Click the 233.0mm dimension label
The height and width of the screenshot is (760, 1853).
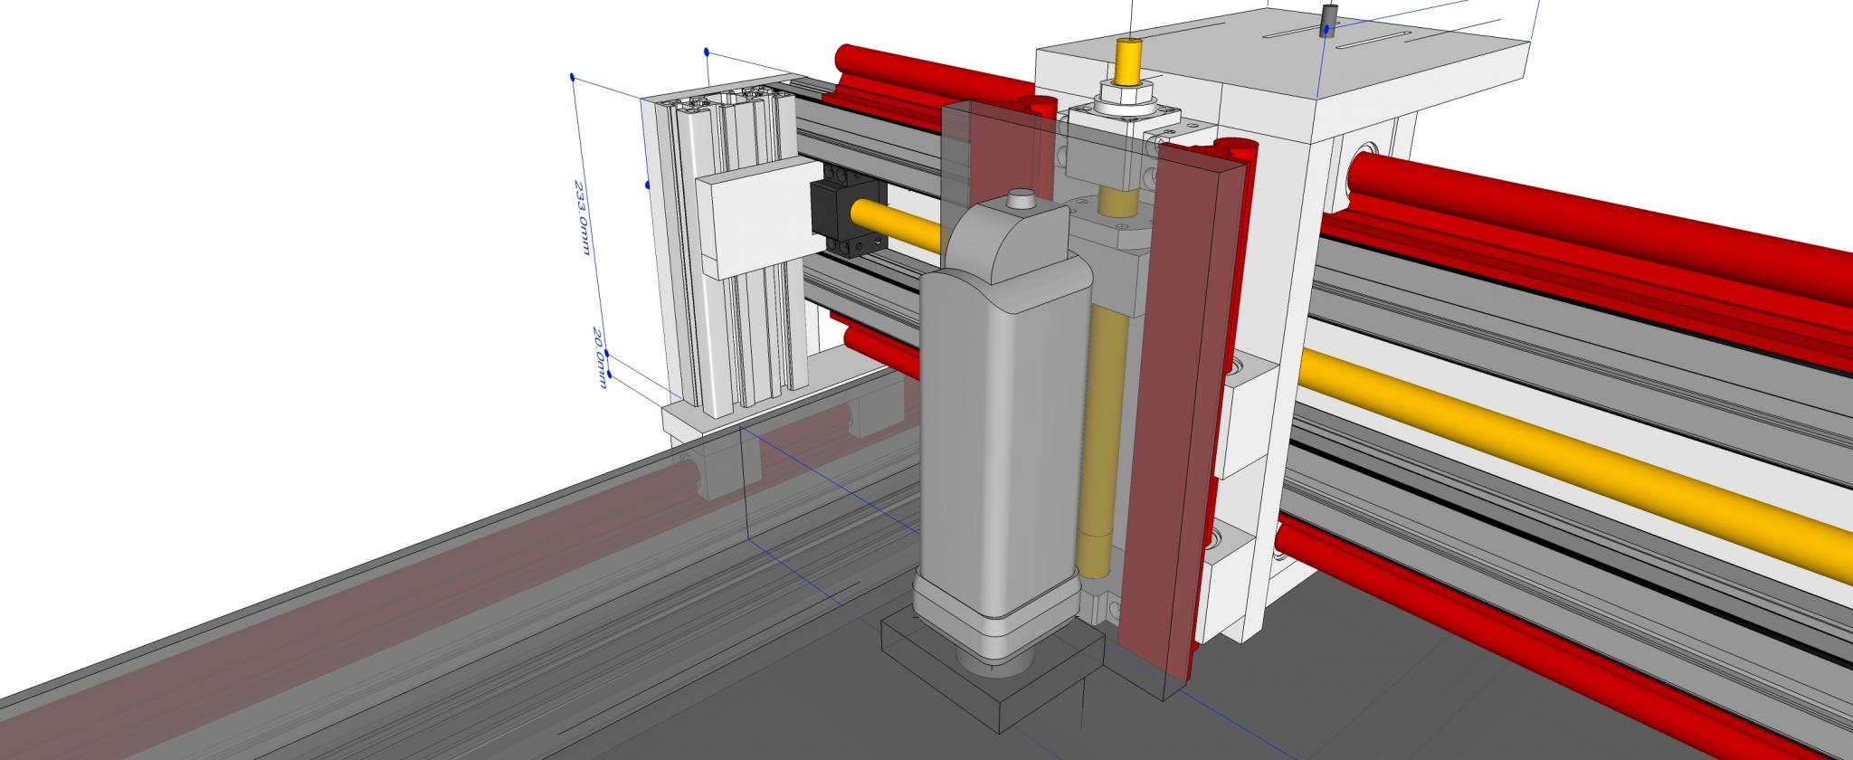click(x=584, y=218)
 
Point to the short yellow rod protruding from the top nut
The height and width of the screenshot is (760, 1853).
click(x=1128, y=62)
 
